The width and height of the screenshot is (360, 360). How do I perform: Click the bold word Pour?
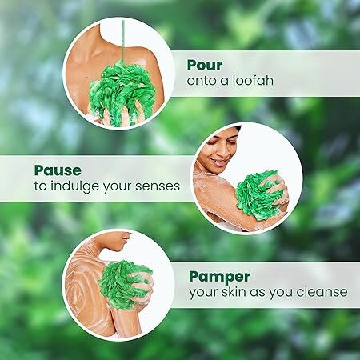[205, 65]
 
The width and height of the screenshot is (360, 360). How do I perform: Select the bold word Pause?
[58, 170]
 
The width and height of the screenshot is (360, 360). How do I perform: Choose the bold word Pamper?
[219, 278]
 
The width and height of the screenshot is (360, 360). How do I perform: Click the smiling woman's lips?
[219, 162]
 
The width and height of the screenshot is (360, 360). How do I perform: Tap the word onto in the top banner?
[202, 81]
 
